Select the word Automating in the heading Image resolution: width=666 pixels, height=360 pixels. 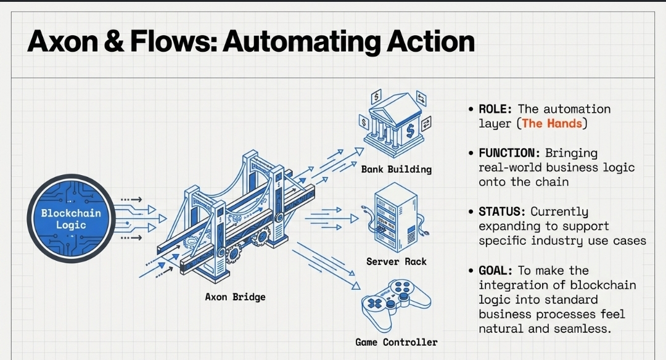(301, 42)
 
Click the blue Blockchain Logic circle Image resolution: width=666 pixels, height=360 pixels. (71, 219)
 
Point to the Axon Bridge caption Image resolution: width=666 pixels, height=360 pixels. (235, 297)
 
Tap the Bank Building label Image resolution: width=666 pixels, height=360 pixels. (397, 169)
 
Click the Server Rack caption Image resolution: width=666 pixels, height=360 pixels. (397, 261)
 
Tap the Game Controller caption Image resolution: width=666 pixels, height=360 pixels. (397, 342)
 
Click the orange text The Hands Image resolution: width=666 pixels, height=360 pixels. (552, 123)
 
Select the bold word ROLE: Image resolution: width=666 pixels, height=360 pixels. (495, 109)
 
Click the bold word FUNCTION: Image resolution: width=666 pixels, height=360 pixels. (509, 153)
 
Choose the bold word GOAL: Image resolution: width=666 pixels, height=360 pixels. (495, 271)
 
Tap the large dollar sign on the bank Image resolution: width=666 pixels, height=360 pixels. (410, 130)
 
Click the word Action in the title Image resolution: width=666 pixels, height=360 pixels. (430, 41)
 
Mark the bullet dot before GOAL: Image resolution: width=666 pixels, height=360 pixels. (471, 271)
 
